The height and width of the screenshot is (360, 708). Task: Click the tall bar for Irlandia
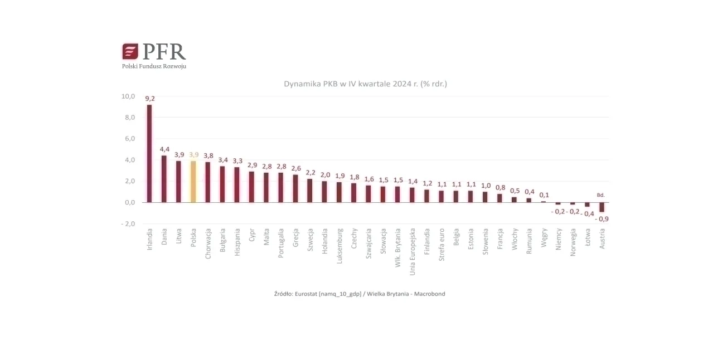149,153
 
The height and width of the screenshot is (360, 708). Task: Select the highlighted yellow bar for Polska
193,181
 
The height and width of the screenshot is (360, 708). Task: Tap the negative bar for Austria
602,207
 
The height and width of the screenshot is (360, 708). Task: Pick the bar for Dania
164,178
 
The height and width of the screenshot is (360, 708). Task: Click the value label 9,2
150,99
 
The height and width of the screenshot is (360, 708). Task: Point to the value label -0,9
602,219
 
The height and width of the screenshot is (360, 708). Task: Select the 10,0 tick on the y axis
128,96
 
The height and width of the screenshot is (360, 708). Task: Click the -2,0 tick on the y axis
128,223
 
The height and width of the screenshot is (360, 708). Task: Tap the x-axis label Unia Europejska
413,251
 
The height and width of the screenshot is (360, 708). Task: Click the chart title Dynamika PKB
365,84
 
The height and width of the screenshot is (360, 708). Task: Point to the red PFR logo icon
130,52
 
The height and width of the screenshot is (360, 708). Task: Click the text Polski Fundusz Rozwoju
154,66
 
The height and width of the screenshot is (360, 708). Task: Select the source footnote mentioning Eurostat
360,294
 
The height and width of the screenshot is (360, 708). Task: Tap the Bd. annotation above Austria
600,195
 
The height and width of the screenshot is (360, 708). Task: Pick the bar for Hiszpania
237,184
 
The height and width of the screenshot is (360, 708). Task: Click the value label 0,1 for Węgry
544,194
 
